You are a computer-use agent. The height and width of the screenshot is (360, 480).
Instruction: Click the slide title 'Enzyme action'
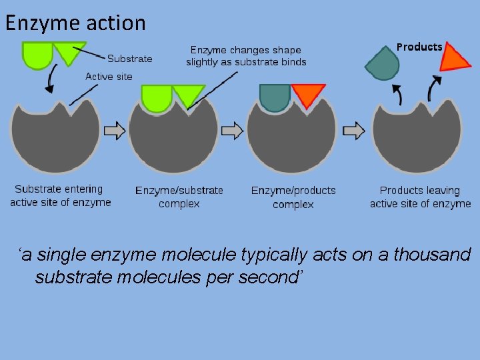(x=75, y=23)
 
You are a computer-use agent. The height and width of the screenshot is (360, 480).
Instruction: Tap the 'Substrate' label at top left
(x=129, y=59)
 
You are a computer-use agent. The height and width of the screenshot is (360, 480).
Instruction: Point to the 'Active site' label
(x=109, y=77)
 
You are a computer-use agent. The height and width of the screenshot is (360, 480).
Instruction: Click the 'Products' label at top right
(x=419, y=47)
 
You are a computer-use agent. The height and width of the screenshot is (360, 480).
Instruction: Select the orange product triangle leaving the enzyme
(x=455, y=58)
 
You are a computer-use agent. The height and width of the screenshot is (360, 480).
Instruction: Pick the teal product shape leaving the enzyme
(x=383, y=63)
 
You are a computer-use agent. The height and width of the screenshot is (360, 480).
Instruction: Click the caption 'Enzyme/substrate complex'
(x=179, y=197)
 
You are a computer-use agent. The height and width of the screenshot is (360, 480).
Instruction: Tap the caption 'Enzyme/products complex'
(x=293, y=197)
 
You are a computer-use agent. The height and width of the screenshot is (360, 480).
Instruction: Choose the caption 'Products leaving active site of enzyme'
(x=420, y=197)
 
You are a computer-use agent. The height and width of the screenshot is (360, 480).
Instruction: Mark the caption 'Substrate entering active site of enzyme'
(x=60, y=195)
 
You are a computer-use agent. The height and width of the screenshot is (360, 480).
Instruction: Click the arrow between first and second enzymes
(x=115, y=131)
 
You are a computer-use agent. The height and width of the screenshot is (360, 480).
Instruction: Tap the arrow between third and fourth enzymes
(x=353, y=131)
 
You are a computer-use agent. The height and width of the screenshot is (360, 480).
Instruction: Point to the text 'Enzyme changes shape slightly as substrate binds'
(x=246, y=56)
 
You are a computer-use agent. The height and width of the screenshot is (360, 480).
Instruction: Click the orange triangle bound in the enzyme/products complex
(x=308, y=93)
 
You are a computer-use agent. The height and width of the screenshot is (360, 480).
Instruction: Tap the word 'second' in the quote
(x=269, y=276)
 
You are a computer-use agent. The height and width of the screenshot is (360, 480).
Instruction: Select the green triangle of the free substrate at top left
(x=69, y=52)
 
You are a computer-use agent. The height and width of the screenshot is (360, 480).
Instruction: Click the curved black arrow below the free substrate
(x=49, y=81)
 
